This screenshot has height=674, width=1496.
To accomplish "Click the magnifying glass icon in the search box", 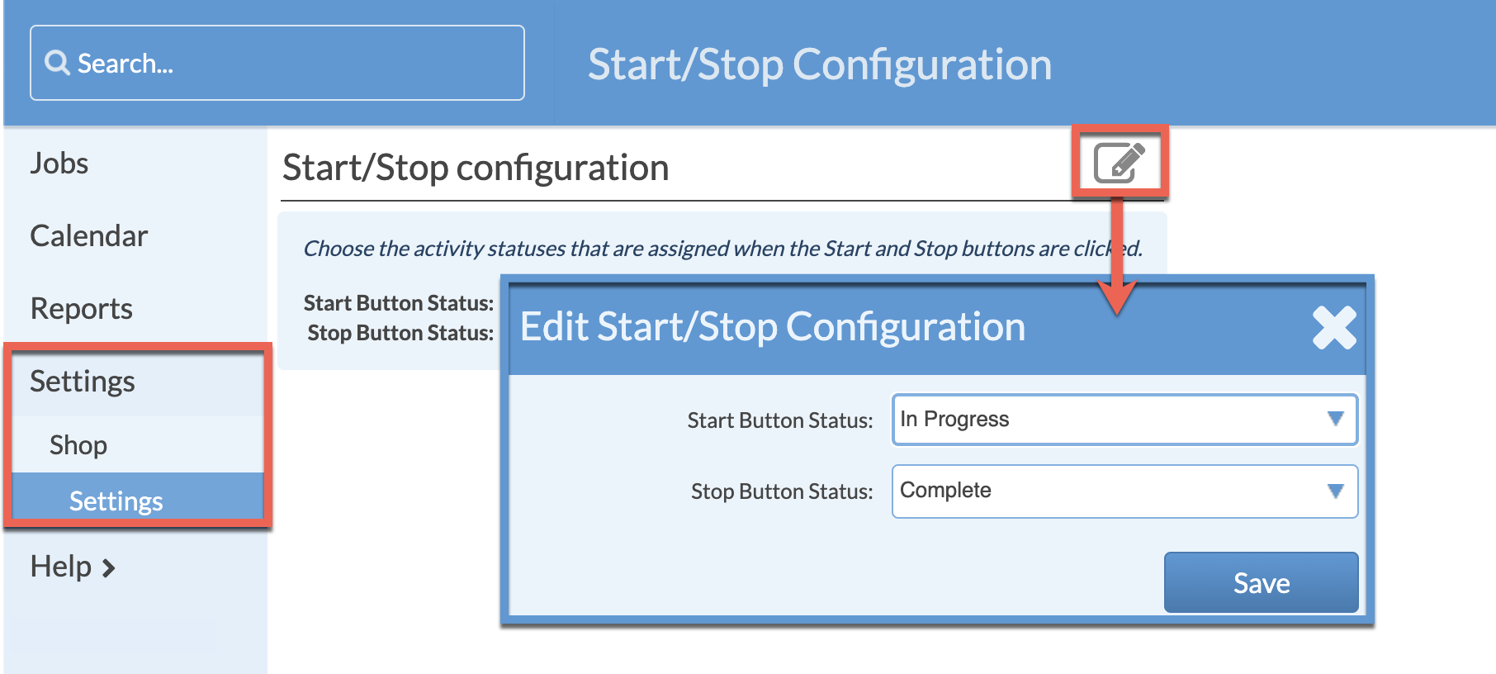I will tap(57, 63).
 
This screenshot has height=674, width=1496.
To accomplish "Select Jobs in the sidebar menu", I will tap(59, 164).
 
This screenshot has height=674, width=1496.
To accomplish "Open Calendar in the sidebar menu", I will tap(88, 236).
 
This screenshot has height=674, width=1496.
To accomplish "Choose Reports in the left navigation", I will tap(81, 309).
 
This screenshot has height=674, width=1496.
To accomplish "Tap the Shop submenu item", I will tap(78, 445).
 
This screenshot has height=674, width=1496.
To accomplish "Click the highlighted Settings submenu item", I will tap(116, 501).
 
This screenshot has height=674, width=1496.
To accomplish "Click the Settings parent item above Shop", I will tap(82, 382).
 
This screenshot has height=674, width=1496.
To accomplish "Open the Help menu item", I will tap(61, 567).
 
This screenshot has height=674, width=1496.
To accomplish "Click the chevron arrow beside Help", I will tap(108, 568).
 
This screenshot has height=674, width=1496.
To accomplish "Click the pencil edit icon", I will tap(1119, 162).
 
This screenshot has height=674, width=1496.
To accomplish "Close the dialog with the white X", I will tap(1334, 328).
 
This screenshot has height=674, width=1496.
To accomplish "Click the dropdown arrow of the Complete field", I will tap(1335, 491).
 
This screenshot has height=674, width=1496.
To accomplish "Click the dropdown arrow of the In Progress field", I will tap(1335, 419).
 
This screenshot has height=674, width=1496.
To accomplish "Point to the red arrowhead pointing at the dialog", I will tap(1117, 297).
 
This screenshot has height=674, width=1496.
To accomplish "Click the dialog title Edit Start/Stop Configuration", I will tap(772, 327).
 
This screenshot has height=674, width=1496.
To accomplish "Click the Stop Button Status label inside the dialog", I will tap(781, 491).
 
